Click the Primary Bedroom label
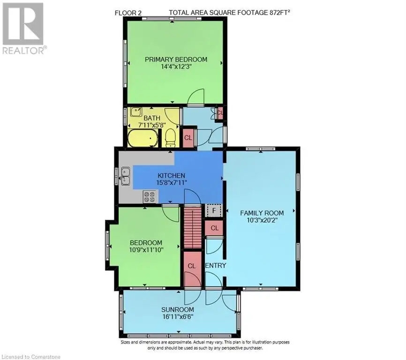(x=176, y=59)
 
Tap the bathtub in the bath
(x=143, y=137)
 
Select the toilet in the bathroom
(x=170, y=137)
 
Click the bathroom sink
(x=135, y=112)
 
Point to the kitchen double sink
(x=126, y=176)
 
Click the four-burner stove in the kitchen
(x=150, y=197)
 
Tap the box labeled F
(x=214, y=210)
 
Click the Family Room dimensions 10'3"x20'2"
(x=262, y=220)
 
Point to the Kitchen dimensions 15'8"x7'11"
(x=172, y=182)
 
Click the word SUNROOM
(x=178, y=309)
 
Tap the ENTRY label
(x=216, y=265)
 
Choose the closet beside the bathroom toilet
(x=188, y=138)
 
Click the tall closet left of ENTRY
(x=192, y=269)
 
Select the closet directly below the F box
(x=214, y=228)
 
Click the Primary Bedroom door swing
(x=196, y=97)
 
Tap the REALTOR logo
(x=23, y=29)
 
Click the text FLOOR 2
(x=128, y=13)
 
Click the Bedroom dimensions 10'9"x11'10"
(x=146, y=250)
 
